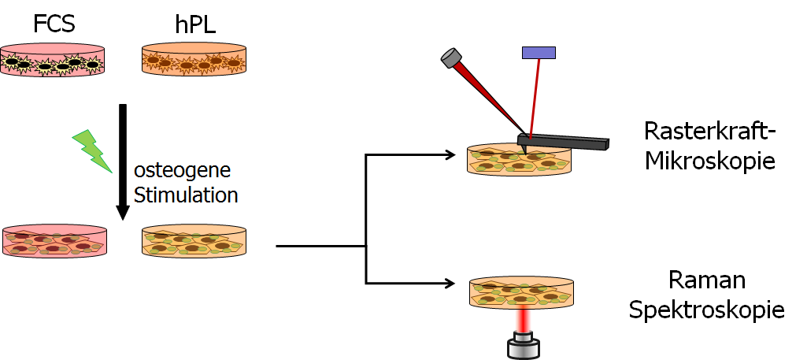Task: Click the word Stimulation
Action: [186, 194]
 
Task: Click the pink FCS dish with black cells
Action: [53, 60]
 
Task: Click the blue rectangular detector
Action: [539, 53]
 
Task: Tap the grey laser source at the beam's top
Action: [451, 58]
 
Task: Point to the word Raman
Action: [706, 280]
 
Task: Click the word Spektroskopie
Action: [706, 310]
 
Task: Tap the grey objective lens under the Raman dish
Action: [522, 343]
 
